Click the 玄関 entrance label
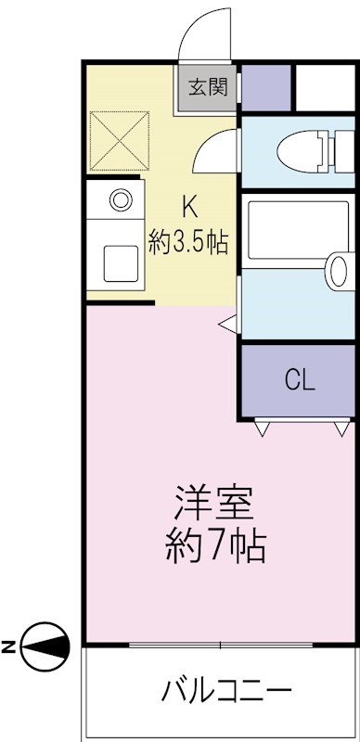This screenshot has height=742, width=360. pyautogui.click(x=209, y=88)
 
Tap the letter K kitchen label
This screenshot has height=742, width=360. pyautogui.click(x=189, y=206)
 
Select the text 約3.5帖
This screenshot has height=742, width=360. pyautogui.click(x=189, y=243)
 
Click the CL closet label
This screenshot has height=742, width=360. pyautogui.click(x=299, y=380)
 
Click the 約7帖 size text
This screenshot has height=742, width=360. pyautogui.click(x=216, y=548)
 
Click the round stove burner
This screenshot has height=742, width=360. pyautogui.click(x=119, y=199)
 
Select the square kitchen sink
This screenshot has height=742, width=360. pyautogui.click(x=120, y=262)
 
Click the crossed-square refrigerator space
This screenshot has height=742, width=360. pyautogui.click(x=118, y=139)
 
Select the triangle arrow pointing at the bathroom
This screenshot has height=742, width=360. pyautogui.click(x=227, y=323)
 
